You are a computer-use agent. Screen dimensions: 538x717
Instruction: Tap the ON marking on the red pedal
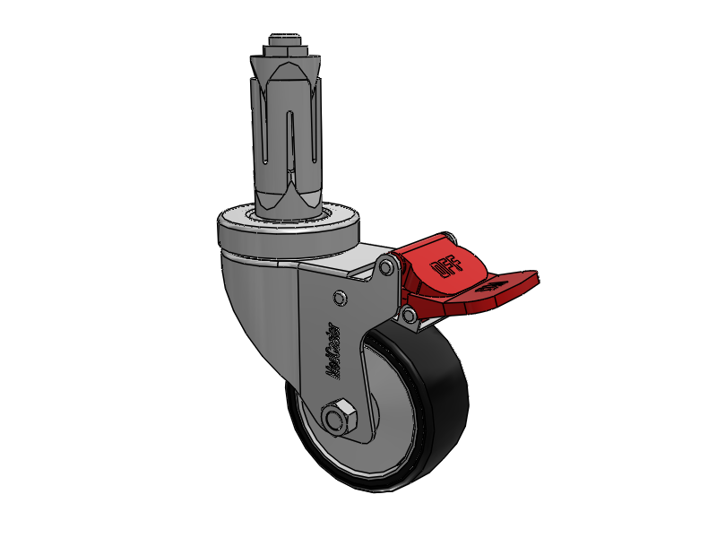[x=491, y=289]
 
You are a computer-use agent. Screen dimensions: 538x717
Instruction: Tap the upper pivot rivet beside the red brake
[x=386, y=267]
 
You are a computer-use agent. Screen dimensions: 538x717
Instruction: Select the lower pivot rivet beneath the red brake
[x=408, y=315]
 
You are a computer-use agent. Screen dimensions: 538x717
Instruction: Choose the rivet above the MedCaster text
[x=338, y=297]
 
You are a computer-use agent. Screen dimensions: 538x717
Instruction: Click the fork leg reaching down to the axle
[x=354, y=395]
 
